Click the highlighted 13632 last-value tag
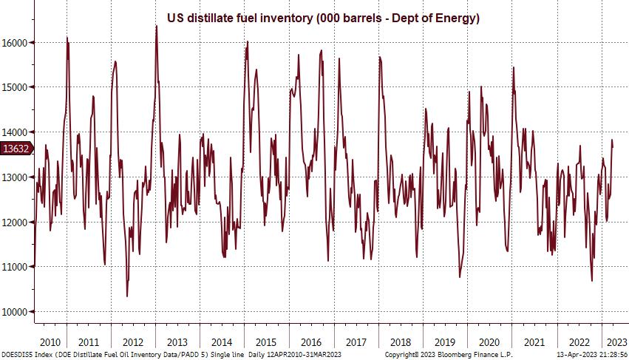16,149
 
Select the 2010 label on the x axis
50,342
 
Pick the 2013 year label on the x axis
178,342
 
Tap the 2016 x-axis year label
310,342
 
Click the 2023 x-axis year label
616,342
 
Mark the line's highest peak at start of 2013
157,26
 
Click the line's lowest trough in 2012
127,296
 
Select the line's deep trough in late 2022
592,281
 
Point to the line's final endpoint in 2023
613,148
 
